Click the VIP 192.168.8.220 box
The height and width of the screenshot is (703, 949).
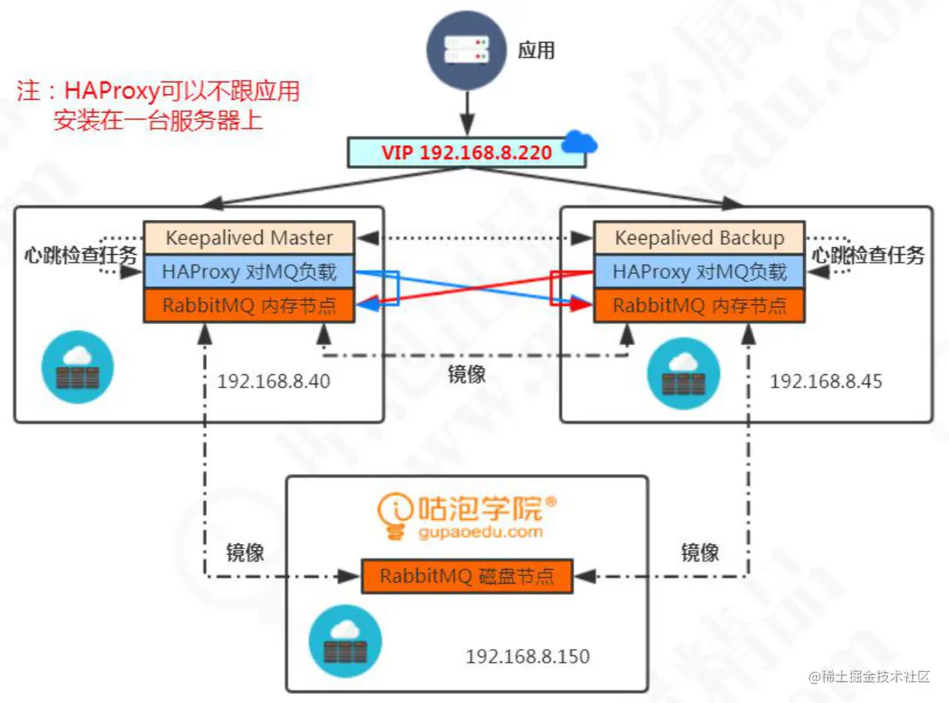click(x=466, y=152)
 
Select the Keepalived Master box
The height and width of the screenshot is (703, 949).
click(x=249, y=238)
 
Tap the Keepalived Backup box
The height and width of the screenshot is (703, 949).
click(x=699, y=238)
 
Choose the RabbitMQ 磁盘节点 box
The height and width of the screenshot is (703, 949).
click(x=467, y=576)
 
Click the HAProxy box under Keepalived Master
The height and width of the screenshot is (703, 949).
click(x=249, y=272)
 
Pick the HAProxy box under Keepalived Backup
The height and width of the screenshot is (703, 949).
click(x=699, y=272)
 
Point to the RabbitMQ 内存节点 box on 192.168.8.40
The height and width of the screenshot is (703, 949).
click(x=249, y=306)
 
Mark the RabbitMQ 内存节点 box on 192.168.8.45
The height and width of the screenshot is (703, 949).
click(x=699, y=306)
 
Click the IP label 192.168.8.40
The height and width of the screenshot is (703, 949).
click(x=274, y=381)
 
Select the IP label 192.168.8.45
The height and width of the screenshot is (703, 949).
click(x=826, y=381)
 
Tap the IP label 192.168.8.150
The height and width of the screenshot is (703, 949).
click(x=528, y=656)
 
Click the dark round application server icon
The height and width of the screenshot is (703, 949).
click(x=467, y=49)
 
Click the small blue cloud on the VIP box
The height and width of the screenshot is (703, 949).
click(x=579, y=142)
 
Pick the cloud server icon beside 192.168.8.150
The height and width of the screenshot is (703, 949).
click(x=345, y=641)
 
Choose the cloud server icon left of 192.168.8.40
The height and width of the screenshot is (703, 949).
click(x=78, y=367)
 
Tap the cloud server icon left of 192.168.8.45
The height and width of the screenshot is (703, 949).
click(x=683, y=374)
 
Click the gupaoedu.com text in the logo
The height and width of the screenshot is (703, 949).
click(x=480, y=531)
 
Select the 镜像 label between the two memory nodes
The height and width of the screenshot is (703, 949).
click(x=466, y=374)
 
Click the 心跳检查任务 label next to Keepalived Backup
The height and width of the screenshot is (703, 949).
click(x=868, y=256)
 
